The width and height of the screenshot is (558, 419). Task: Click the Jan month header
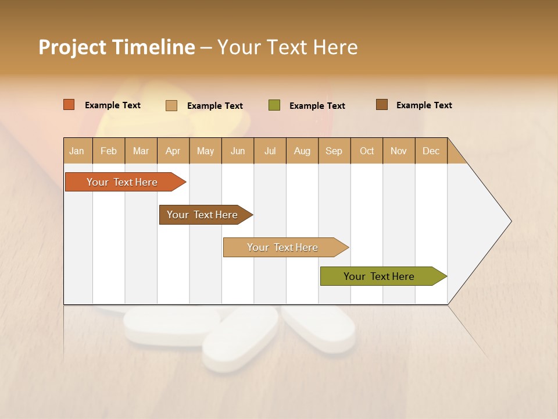click(77, 151)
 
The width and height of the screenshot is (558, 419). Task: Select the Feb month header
click(109, 151)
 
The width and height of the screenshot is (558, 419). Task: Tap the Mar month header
click(141, 151)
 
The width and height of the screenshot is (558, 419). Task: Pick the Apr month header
click(173, 151)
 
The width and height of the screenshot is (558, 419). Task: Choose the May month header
click(205, 151)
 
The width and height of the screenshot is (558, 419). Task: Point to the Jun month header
click(238, 151)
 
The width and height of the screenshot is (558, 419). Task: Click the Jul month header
click(270, 151)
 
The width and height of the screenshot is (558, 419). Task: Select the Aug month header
click(302, 151)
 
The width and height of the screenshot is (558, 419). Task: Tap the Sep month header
click(334, 151)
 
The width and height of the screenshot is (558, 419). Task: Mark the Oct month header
click(367, 151)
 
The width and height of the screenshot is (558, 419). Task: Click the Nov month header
click(399, 151)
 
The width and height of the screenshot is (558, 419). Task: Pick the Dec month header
click(431, 151)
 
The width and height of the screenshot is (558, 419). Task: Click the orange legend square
click(69, 105)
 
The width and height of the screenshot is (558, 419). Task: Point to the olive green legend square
click(274, 105)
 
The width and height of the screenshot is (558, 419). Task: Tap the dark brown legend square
click(382, 105)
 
